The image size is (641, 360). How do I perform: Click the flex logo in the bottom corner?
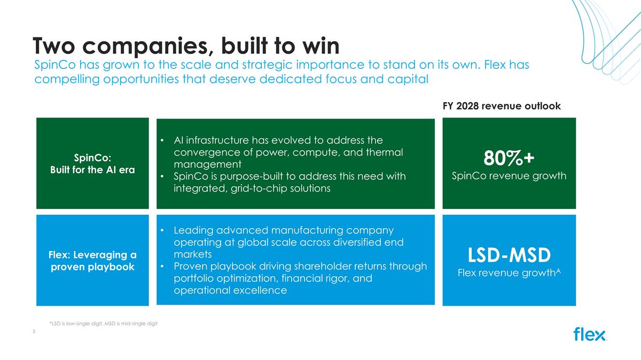click(590, 334)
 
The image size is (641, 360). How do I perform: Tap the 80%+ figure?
click(509, 158)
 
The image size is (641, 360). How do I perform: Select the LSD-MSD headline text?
click(509, 255)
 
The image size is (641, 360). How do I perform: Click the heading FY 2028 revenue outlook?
click(502, 106)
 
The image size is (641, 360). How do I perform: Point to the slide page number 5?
click(34, 331)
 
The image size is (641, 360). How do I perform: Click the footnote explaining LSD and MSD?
click(103, 324)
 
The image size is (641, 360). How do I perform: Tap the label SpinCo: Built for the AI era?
click(92, 163)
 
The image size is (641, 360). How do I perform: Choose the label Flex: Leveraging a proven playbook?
click(92, 261)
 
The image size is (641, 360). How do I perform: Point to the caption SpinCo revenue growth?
click(509, 176)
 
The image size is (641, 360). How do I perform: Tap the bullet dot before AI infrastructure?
click(162, 140)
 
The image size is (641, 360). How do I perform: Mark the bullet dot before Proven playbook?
click(162, 266)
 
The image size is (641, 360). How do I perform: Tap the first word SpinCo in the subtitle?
click(55, 65)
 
